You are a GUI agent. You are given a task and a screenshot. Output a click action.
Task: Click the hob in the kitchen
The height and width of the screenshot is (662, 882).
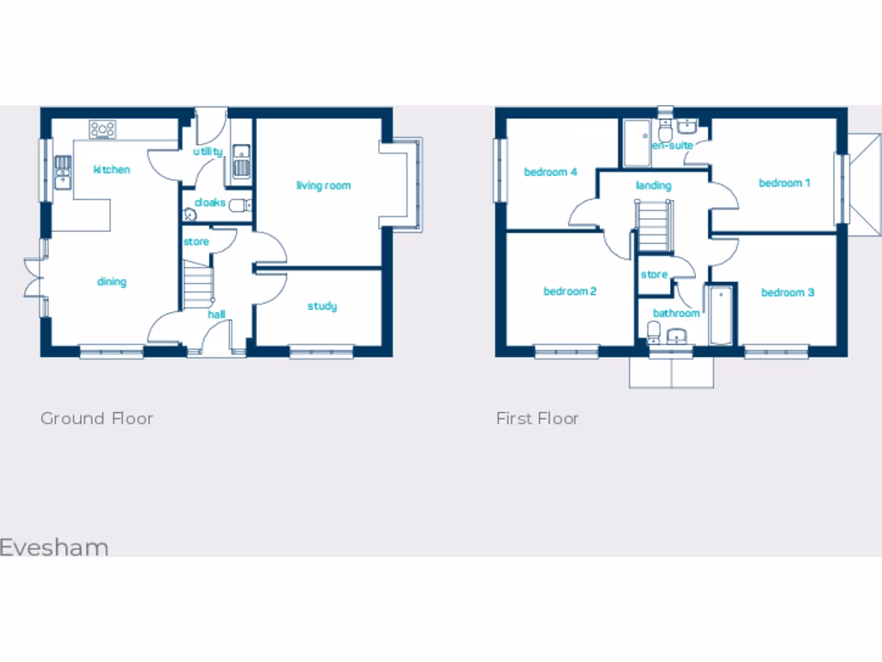102,129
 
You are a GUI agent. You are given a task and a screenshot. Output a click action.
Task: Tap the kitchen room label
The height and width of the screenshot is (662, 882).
112,169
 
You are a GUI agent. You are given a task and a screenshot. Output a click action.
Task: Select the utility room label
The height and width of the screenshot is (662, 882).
208,152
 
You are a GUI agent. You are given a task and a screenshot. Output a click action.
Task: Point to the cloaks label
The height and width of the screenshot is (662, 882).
209,203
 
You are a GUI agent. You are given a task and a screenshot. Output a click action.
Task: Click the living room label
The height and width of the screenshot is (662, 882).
323,185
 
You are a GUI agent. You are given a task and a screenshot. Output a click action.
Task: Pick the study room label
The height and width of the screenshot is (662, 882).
322,306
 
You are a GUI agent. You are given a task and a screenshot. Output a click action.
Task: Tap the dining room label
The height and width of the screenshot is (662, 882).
111,282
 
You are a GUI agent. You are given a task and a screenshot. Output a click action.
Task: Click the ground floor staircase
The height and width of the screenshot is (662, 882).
198,284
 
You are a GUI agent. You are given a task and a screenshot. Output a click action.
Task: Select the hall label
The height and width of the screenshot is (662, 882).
216,315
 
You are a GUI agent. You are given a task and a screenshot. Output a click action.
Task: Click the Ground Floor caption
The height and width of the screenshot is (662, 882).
96,418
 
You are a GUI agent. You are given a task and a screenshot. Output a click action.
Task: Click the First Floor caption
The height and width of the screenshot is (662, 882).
537,418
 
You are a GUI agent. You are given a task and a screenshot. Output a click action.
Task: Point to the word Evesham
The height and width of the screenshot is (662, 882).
54,547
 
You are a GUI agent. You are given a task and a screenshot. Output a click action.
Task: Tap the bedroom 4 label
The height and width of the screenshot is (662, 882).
550,172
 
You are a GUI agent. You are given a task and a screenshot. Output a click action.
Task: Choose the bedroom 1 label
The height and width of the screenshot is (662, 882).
784,183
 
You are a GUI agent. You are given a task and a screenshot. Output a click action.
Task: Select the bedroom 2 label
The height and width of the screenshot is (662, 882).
569,291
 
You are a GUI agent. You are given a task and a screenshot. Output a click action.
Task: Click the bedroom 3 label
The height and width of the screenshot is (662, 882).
787,292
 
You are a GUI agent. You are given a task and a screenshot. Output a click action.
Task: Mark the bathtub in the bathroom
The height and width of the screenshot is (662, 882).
719,315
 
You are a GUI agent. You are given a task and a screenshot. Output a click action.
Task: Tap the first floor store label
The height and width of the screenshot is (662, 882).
654,275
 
